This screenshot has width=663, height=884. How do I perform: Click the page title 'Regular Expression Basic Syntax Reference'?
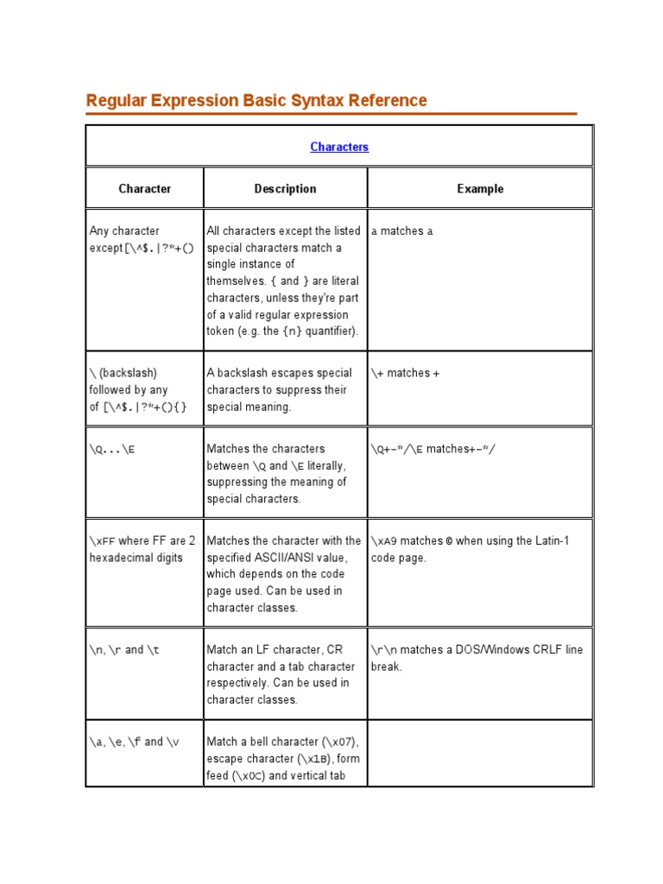tap(256, 100)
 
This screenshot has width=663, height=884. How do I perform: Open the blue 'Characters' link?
tap(339, 147)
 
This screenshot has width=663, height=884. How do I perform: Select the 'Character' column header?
tap(144, 188)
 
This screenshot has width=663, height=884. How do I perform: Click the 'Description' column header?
tap(285, 188)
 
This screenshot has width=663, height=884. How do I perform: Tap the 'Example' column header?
tap(480, 188)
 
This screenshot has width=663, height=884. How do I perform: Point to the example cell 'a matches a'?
tap(402, 231)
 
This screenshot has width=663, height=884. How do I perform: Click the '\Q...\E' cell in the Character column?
tap(112, 449)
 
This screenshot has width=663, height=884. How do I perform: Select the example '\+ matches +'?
tap(406, 373)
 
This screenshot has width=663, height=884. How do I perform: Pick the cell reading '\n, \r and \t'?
tap(124, 650)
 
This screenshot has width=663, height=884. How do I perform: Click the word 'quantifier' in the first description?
tap(329, 331)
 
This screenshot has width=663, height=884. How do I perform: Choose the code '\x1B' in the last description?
tap(317, 759)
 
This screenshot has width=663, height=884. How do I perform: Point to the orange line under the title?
tap(331, 113)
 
